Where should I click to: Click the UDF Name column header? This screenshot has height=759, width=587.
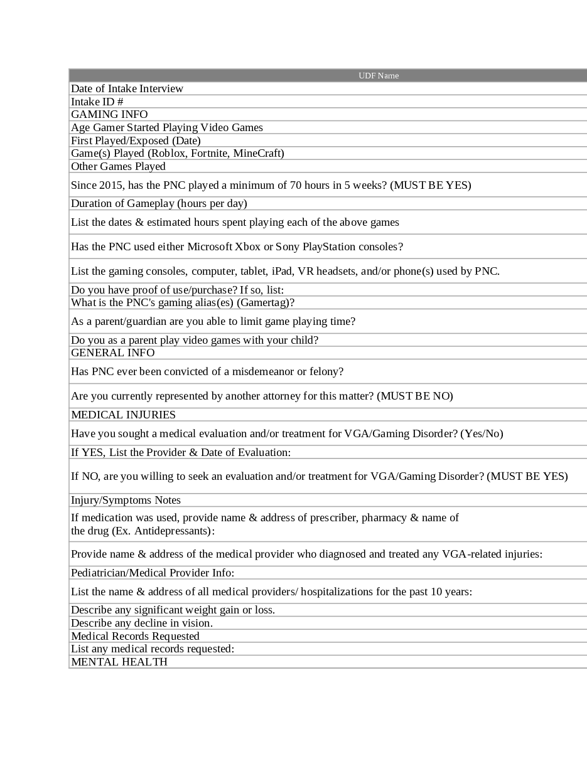[379, 76]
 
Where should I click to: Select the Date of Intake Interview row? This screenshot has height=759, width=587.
[127, 88]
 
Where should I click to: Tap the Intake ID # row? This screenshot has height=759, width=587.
[97, 102]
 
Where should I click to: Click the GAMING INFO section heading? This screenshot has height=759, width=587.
[109, 114]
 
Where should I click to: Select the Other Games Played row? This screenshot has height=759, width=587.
[118, 166]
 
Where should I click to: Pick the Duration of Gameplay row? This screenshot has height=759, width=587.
[159, 203]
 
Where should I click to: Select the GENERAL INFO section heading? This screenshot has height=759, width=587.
[112, 353]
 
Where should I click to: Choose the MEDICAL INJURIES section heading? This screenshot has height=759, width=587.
[123, 415]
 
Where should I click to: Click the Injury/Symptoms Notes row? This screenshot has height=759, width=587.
[126, 500]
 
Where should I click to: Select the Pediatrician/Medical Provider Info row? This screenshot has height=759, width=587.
[153, 573]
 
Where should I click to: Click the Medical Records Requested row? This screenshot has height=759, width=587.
[135, 636]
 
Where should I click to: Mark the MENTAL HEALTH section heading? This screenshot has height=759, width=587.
[119, 662]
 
